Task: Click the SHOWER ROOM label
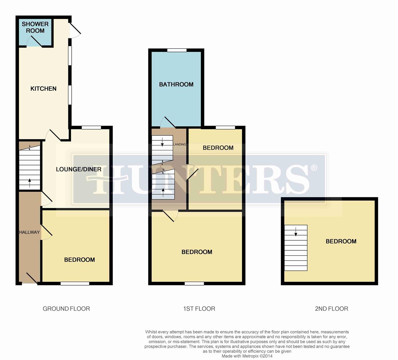pyautogui.click(x=35, y=27)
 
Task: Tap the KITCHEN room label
pyautogui.click(x=43, y=89)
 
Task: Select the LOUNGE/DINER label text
pyautogui.click(x=78, y=169)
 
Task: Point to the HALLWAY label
pyautogui.click(x=29, y=232)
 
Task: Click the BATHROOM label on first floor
pyautogui.click(x=176, y=85)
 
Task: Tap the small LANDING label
pyautogui.click(x=180, y=145)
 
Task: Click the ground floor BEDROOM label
pyautogui.click(x=79, y=260)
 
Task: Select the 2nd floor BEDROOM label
pyautogui.click(x=341, y=241)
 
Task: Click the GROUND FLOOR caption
pyautogui.click(x=66, y=309)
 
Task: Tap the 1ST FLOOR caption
pyautogui.click(x=199, y=309)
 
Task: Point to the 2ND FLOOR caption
pyautogui.click(x=331, y=309)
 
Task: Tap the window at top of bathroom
pyautogui.click(x=177, y=50)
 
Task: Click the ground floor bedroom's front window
pyautogui.click(x=75, y=284)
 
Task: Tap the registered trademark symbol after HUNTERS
pyautogui.click(x=314, y=168)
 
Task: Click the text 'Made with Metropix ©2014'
pyautogui.click(x=247, y=356)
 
